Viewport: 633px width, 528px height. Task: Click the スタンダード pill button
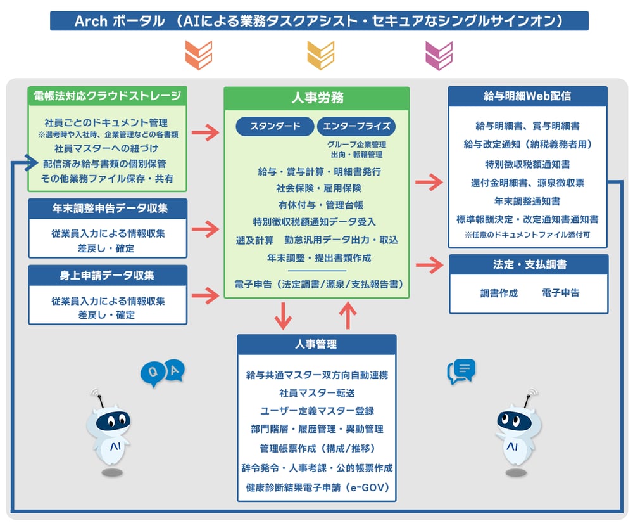coord(275,126)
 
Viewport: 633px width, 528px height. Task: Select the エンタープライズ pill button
coord(356,126)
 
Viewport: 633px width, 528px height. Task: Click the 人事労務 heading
coord(317,98)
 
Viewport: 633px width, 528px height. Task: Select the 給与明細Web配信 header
coord(527,96)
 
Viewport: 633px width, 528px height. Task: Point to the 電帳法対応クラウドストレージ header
coord(108,96)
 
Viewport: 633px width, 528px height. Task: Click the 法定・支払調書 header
coord(529,264)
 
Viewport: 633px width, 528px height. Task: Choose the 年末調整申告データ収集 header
coord(108,209)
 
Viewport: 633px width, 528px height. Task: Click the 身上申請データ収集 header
coord(108,275)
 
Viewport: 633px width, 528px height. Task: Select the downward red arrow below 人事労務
coord(284,315)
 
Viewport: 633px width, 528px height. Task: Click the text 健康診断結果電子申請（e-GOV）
coord(317,488)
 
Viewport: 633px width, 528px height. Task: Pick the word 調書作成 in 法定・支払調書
coord(499,293)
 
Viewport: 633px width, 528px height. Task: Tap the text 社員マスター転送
coord(317,393)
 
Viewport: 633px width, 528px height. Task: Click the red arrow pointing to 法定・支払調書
coord(430,265)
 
